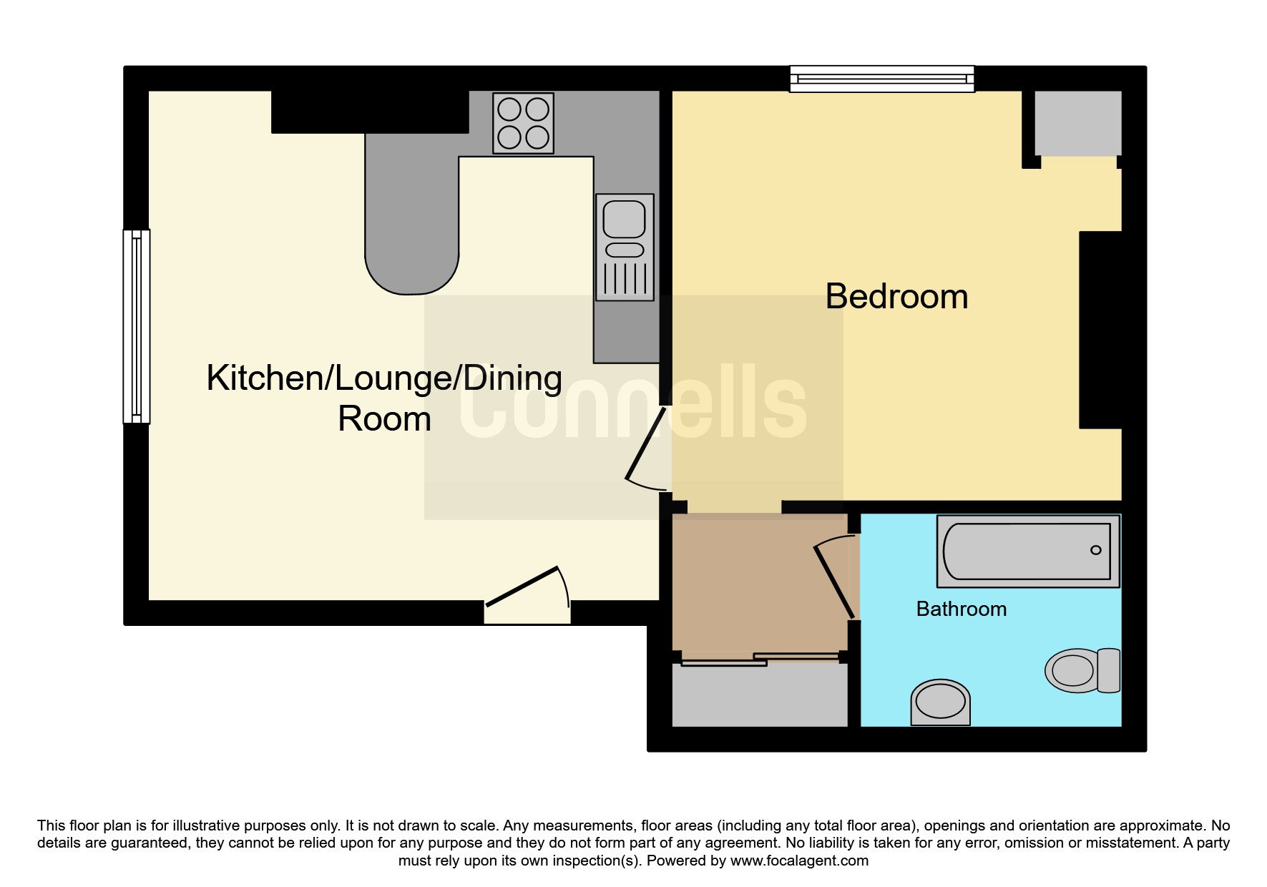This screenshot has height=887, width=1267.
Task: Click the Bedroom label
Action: [x=896, y=296]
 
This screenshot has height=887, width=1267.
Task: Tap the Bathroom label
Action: [x=961, y=609]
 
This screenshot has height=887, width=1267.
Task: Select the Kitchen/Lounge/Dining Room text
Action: [x=384, y=398]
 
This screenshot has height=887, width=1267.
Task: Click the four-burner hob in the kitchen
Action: [x=523, y=123]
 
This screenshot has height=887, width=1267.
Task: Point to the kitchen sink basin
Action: [x=624, y=219]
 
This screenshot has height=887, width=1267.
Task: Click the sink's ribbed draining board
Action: [x=625, y=280]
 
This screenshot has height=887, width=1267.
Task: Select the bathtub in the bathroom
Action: [x=1027, y=551]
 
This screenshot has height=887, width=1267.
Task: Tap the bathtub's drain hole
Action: [x=1095, y=550]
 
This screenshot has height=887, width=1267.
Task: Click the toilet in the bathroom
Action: [x=1082, y=670]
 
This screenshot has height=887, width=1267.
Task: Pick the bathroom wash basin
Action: [x=940, y=702]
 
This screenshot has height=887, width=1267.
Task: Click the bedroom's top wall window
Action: [x=881, y=79]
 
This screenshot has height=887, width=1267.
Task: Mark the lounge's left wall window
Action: [x=136, y=326]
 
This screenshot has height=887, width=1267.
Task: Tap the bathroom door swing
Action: [x=834, y=576]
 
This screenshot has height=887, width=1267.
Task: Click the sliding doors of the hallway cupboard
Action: [x=760, y=659]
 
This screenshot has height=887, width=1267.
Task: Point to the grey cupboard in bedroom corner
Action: [x=1077, y=123]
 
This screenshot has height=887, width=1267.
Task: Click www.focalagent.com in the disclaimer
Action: [x=798, y=861]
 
